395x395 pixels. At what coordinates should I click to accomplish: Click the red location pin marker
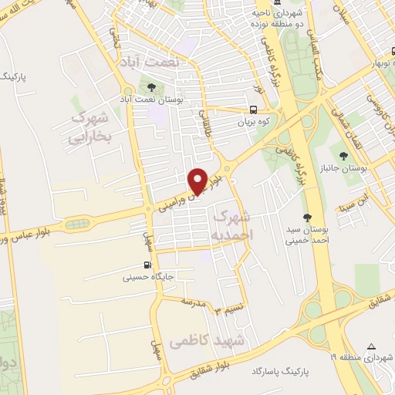coord(199,181)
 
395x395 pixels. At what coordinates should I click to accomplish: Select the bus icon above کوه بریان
coord(253,110)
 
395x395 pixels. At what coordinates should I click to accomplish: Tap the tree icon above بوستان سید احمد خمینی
coord(308,218)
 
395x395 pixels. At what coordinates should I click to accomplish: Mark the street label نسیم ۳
coord(225,310)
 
